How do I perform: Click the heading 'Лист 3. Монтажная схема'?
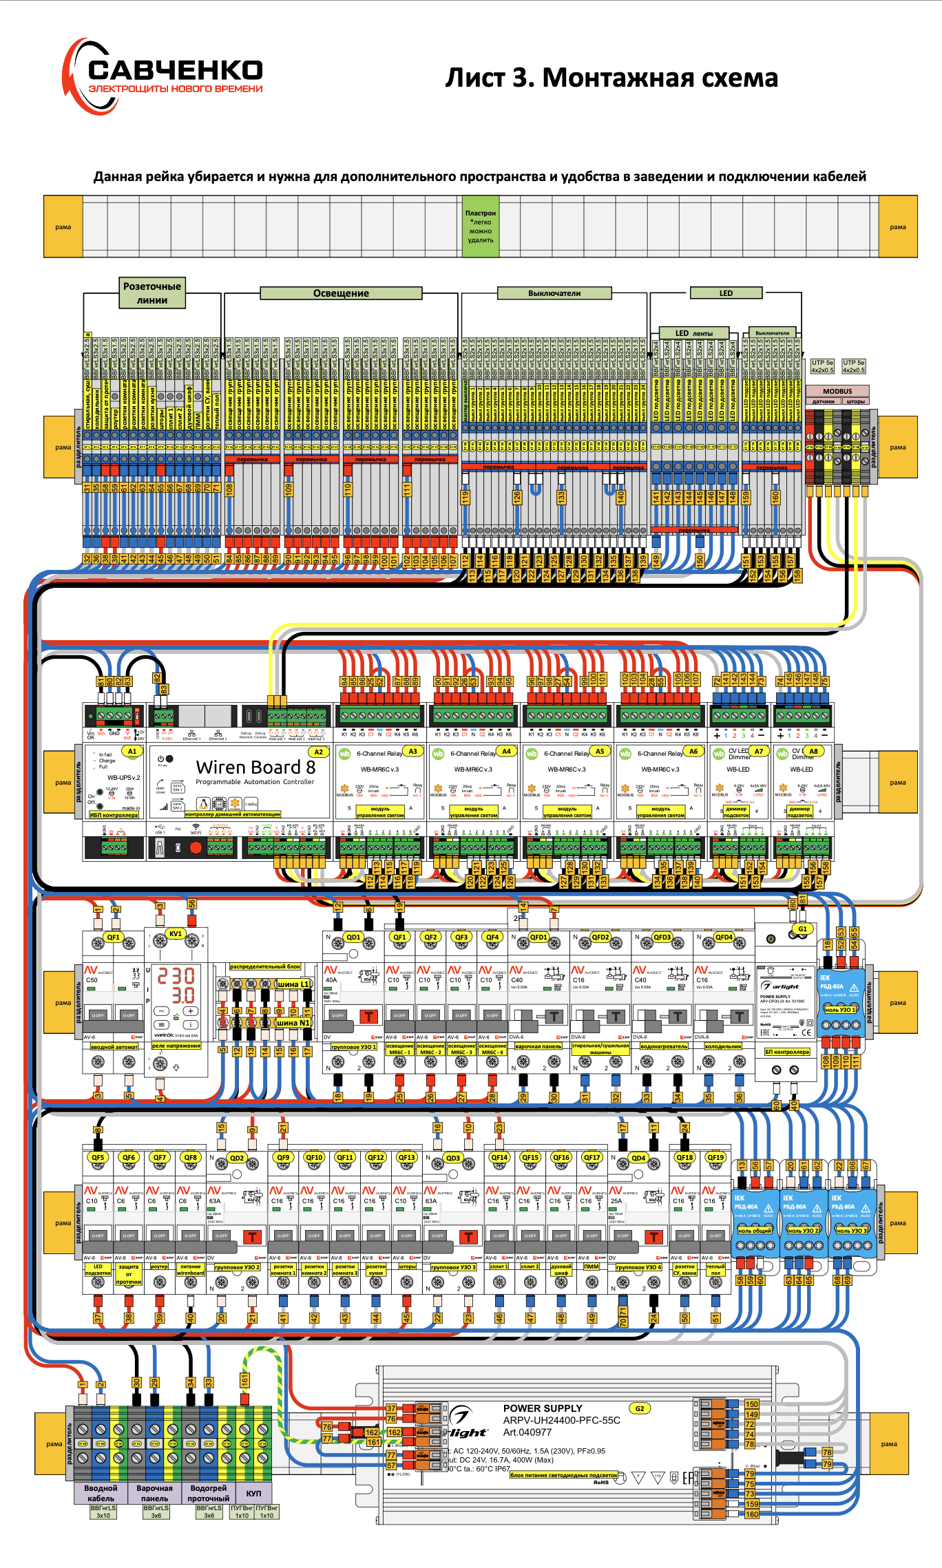tap(611, 78)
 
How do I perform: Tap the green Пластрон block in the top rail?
tap(480, 226)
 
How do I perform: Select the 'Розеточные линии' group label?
tap(151, 293)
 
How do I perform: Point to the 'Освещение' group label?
tap(341, 293)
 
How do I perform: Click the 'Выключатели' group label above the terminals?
tap(554, 293)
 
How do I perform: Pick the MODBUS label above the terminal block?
tap(837, 391)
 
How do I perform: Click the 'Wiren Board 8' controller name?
tap(255, 767)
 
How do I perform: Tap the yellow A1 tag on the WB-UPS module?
tap(132, 752)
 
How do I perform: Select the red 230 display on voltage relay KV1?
tap(176, 975)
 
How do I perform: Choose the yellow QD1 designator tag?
tap(353, 937)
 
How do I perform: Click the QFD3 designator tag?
tap(662, 937)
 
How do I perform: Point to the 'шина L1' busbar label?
tap(293, 984)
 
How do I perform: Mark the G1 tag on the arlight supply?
tap(802, 929)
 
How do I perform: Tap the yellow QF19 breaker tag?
tap(715, 1157)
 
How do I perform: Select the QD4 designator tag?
tap(638, 1158)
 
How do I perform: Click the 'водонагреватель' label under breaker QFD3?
tap(663, 1046)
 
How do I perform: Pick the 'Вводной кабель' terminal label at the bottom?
tap(101, 1493)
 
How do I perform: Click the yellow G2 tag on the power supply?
tap(640, 1408)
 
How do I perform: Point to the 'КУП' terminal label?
tap(253, 1493)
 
